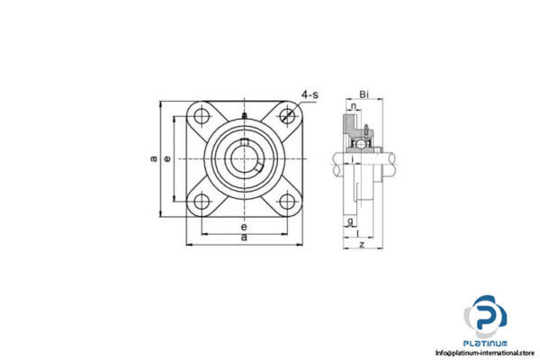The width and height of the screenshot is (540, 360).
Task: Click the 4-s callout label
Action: (310, 94)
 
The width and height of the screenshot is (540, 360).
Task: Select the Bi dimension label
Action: (363, 94)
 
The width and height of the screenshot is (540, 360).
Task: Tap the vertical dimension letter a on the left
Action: (154, 158)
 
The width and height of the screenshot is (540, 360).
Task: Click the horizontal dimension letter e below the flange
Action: (244, 228)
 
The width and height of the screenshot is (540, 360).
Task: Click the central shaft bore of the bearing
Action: (244, 158)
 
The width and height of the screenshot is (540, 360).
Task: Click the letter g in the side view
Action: (349, 220)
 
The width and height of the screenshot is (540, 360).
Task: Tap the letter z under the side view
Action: (360, 244)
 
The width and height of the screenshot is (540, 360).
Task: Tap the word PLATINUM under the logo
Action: (486, 343)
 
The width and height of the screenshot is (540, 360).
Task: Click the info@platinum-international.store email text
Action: (487, 352)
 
